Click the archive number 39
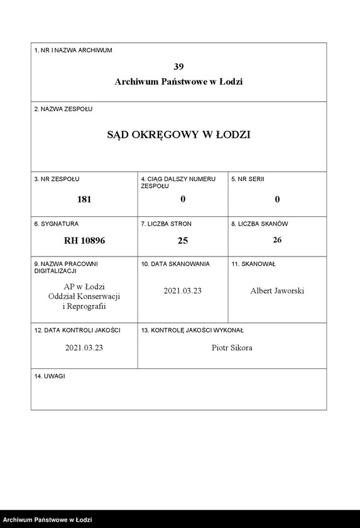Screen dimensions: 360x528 point(178,67)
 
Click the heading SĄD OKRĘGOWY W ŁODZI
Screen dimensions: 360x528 point(178,135)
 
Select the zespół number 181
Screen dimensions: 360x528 point(84,199)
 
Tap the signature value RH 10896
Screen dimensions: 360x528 point(84,240)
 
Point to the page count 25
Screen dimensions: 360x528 point(183,240)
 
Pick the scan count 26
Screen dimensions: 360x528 point(277,239)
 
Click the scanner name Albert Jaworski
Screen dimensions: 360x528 point(277,291)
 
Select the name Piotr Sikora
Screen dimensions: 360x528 point(232,348)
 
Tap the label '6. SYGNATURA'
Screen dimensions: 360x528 point(57,224)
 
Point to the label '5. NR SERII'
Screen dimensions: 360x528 point(248,179)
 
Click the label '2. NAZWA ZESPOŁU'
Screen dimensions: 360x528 point(63,109)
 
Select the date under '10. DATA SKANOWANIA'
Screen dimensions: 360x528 point(183,291)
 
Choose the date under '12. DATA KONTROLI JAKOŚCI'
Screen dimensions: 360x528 point(84,348)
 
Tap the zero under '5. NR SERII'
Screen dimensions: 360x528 point(277,199)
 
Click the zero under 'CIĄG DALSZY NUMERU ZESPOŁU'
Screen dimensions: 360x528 point(183,199)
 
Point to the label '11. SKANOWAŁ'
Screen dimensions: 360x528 point(253,265)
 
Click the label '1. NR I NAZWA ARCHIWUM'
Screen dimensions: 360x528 point(73,50)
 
